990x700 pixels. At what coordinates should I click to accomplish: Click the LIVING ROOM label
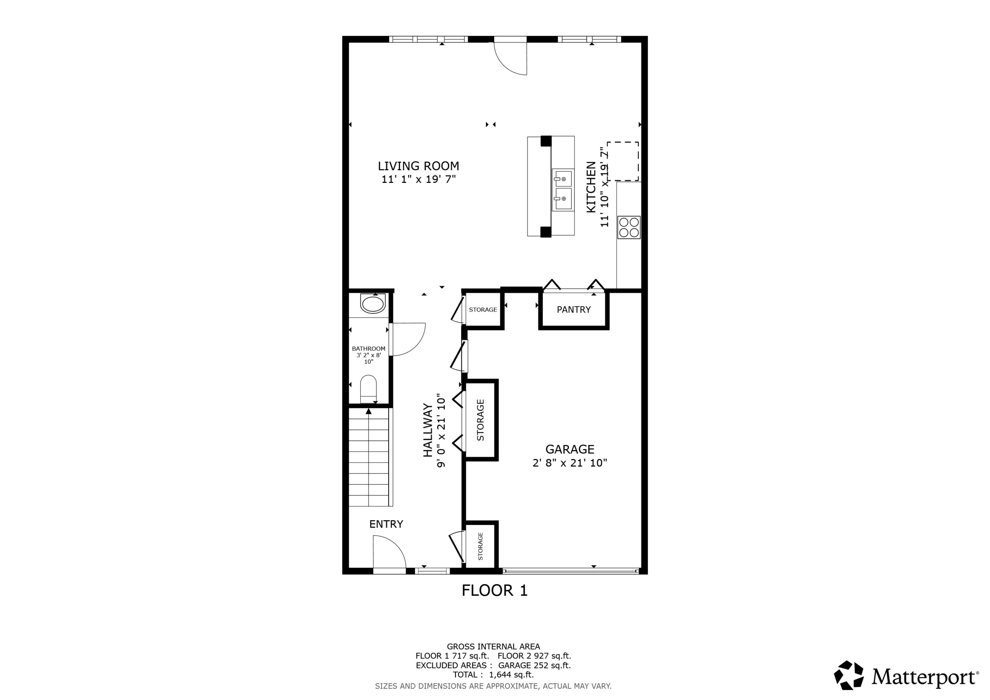418,166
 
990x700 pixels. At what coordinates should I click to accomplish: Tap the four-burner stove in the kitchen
629,227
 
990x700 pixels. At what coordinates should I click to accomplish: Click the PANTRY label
574,309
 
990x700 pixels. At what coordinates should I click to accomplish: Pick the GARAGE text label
570,450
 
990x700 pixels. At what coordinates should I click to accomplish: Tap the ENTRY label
386,524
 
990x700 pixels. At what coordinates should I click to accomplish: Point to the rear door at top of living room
511,56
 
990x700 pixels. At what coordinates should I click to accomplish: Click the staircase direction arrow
369,412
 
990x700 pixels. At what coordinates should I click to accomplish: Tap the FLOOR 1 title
495,590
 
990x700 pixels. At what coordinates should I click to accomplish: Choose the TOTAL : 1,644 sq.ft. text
493,675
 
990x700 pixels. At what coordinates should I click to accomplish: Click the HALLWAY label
427,430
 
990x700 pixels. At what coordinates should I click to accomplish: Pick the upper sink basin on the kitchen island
563,179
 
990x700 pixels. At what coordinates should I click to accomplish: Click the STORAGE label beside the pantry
482,310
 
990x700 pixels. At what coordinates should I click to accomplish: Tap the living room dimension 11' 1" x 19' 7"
418,180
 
